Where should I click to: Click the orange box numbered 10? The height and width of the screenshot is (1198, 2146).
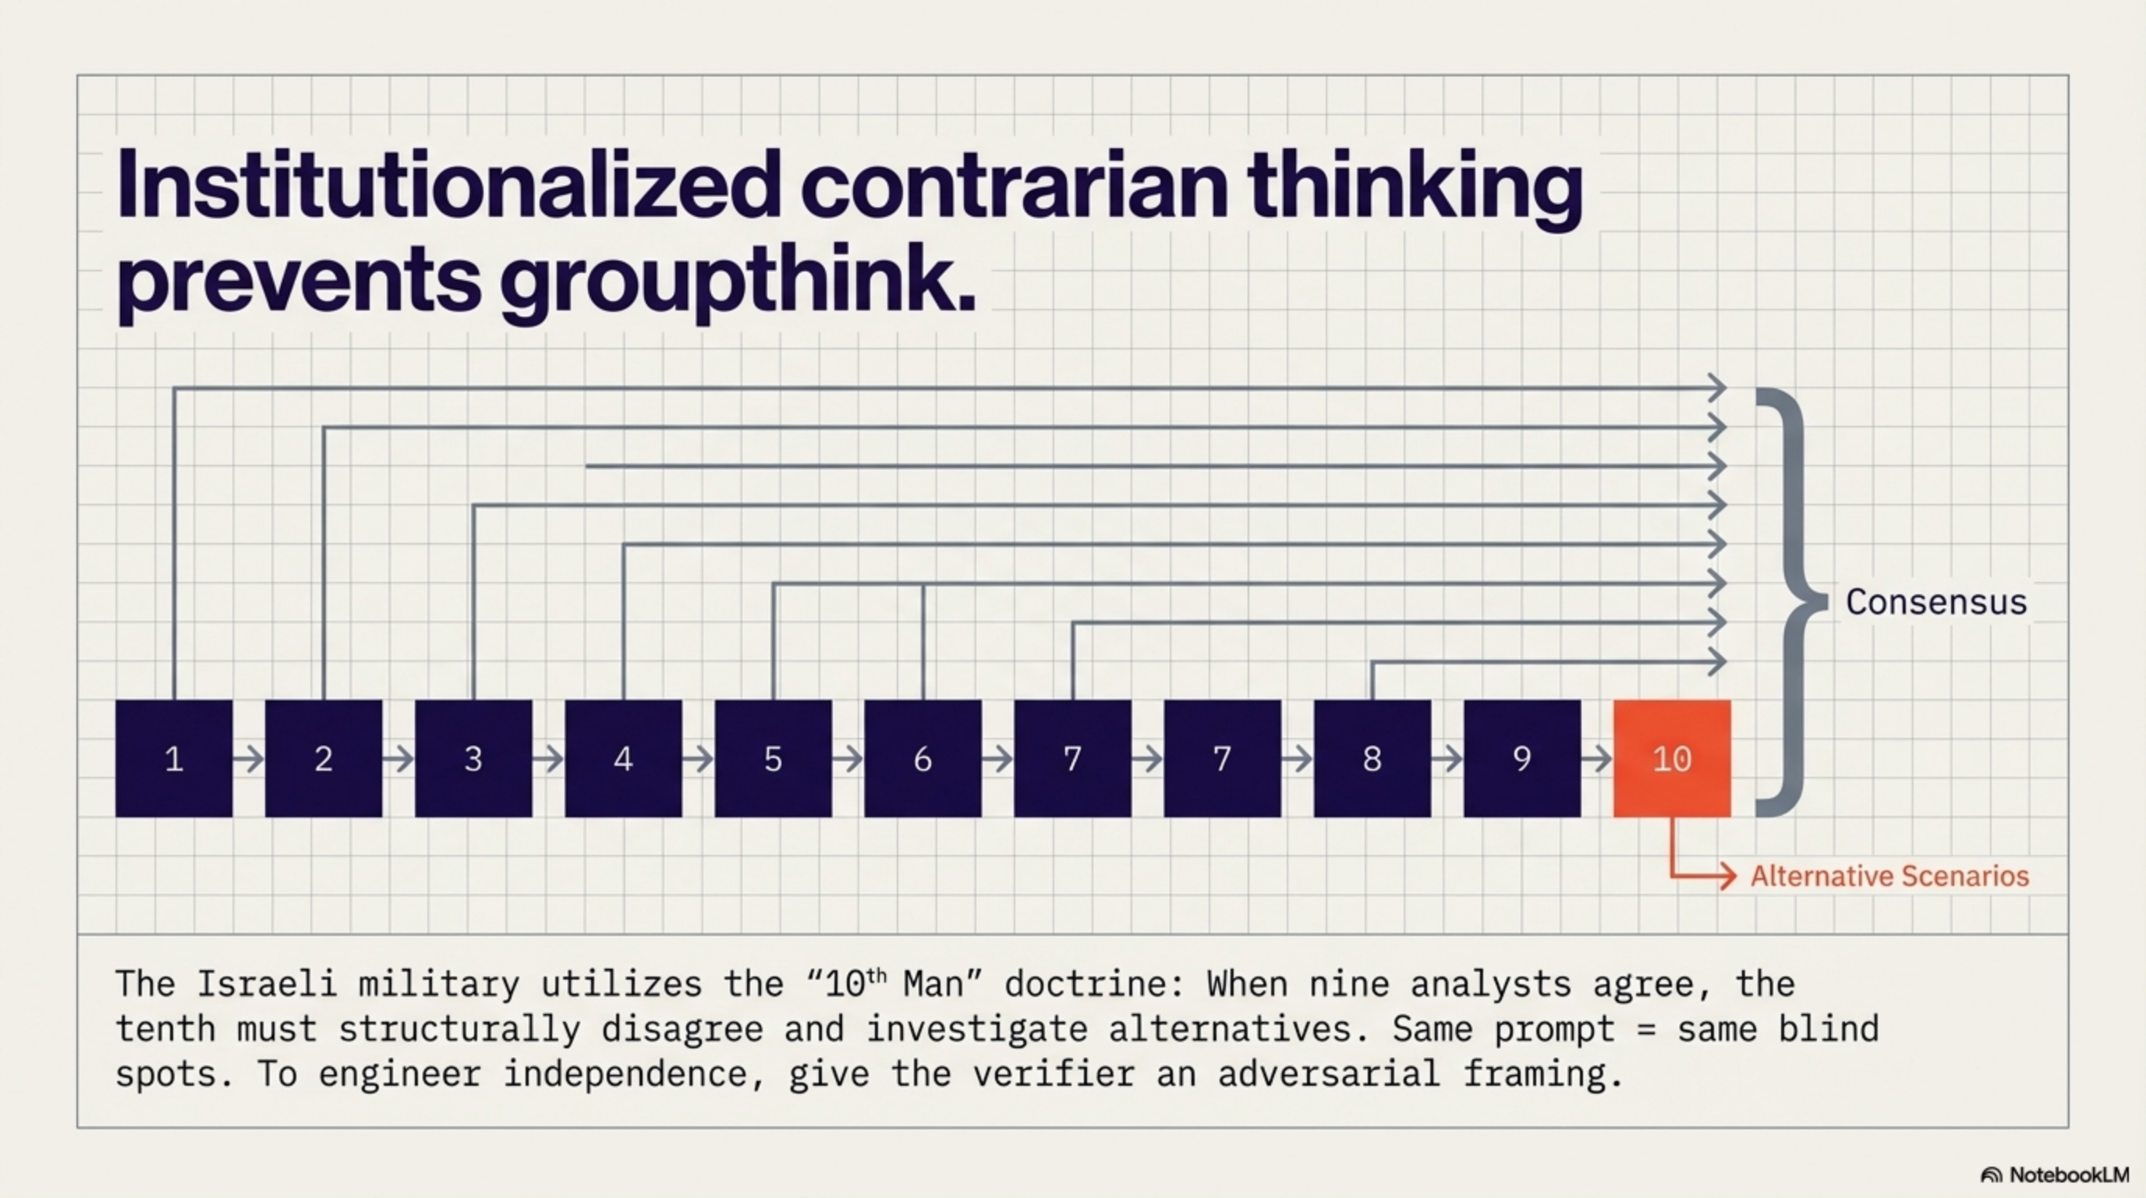[x=1671, y=758]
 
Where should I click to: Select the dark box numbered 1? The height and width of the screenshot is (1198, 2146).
[x=173, y=758]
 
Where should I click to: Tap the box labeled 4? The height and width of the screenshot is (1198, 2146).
[x=623, y=758]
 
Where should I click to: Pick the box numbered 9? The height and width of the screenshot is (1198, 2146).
[x=1521, y=758]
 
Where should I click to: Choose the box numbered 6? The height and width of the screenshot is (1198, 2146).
[x=922, y=758]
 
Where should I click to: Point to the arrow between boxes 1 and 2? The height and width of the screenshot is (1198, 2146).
[x=248, y=759]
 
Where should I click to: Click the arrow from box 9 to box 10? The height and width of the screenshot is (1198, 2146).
[x=1596, y=759]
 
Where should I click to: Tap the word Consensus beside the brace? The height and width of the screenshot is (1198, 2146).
[x=1935, y=602]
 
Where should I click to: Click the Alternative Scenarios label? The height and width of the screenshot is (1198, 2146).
[x=1889, y=877]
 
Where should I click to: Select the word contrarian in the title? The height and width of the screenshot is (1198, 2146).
[x=1014, y=186]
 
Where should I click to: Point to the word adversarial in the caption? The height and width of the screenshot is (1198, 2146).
[x=1329, y=1074]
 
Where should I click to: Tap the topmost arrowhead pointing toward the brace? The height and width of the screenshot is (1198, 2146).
[x=1716, y=388]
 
